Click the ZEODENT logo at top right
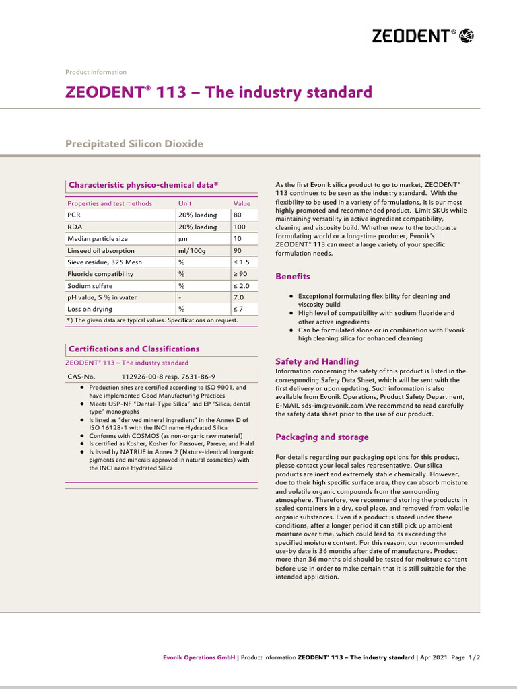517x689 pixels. [x=423, y=36]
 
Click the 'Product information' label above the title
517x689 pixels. [x=96, y=72]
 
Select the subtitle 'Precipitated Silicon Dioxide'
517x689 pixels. [x=134, y=144]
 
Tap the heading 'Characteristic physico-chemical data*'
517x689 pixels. [x=143, y=184]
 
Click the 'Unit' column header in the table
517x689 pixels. [x=184, y=203]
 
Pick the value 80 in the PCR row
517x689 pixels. [x=238, y=215]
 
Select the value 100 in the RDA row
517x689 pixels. [x=240, y=227]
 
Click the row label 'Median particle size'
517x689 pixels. [x=98, y=239]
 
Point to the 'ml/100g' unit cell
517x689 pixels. [x=191, y=250]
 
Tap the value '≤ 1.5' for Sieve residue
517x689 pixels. [x=241, y=262]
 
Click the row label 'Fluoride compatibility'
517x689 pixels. [x=100, y=274]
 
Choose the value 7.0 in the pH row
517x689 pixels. [x=238, y=297]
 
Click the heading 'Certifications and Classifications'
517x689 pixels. [x=134, y=349]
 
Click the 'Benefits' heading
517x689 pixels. [x=293, y=276]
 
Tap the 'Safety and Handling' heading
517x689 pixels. [x=317, y=361]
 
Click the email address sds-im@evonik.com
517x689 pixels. [x=320, y=406]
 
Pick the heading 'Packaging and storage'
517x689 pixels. [x=322, y=437]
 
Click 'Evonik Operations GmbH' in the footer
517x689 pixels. [x=199, y=657]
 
